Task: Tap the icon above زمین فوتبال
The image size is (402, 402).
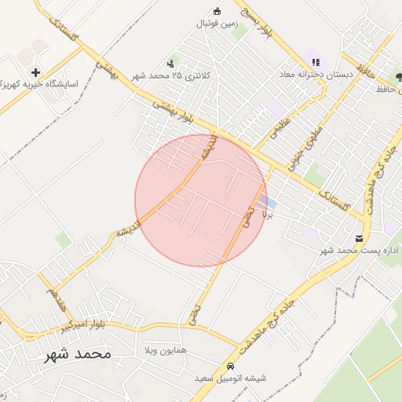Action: [x=217, y=11]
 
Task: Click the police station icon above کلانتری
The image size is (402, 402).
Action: [x=170, y=63]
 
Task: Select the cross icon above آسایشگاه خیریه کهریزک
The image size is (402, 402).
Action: [x=36, y=71]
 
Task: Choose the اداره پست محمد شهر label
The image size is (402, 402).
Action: [x=360, y=250]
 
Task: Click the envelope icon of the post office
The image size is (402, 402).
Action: [x=360, y=238]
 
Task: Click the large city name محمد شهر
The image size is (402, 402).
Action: [x=78, y=355]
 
